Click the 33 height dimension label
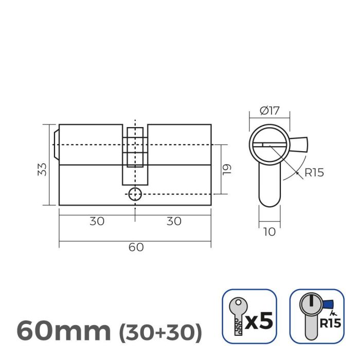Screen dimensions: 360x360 pos(43,169)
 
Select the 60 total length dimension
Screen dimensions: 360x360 pos(135,247)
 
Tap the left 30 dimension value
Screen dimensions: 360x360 pos(97,221)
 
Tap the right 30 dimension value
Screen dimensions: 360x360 pos(174,221)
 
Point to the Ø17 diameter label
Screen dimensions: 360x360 pos(269,110)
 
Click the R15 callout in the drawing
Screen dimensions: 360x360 pos(313,172)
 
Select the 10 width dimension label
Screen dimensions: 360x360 pos(269,231)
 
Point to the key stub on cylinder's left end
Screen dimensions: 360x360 pos(56,145)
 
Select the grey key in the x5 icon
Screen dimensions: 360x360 pos(237,317)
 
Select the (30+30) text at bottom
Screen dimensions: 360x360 pos(160,332)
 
